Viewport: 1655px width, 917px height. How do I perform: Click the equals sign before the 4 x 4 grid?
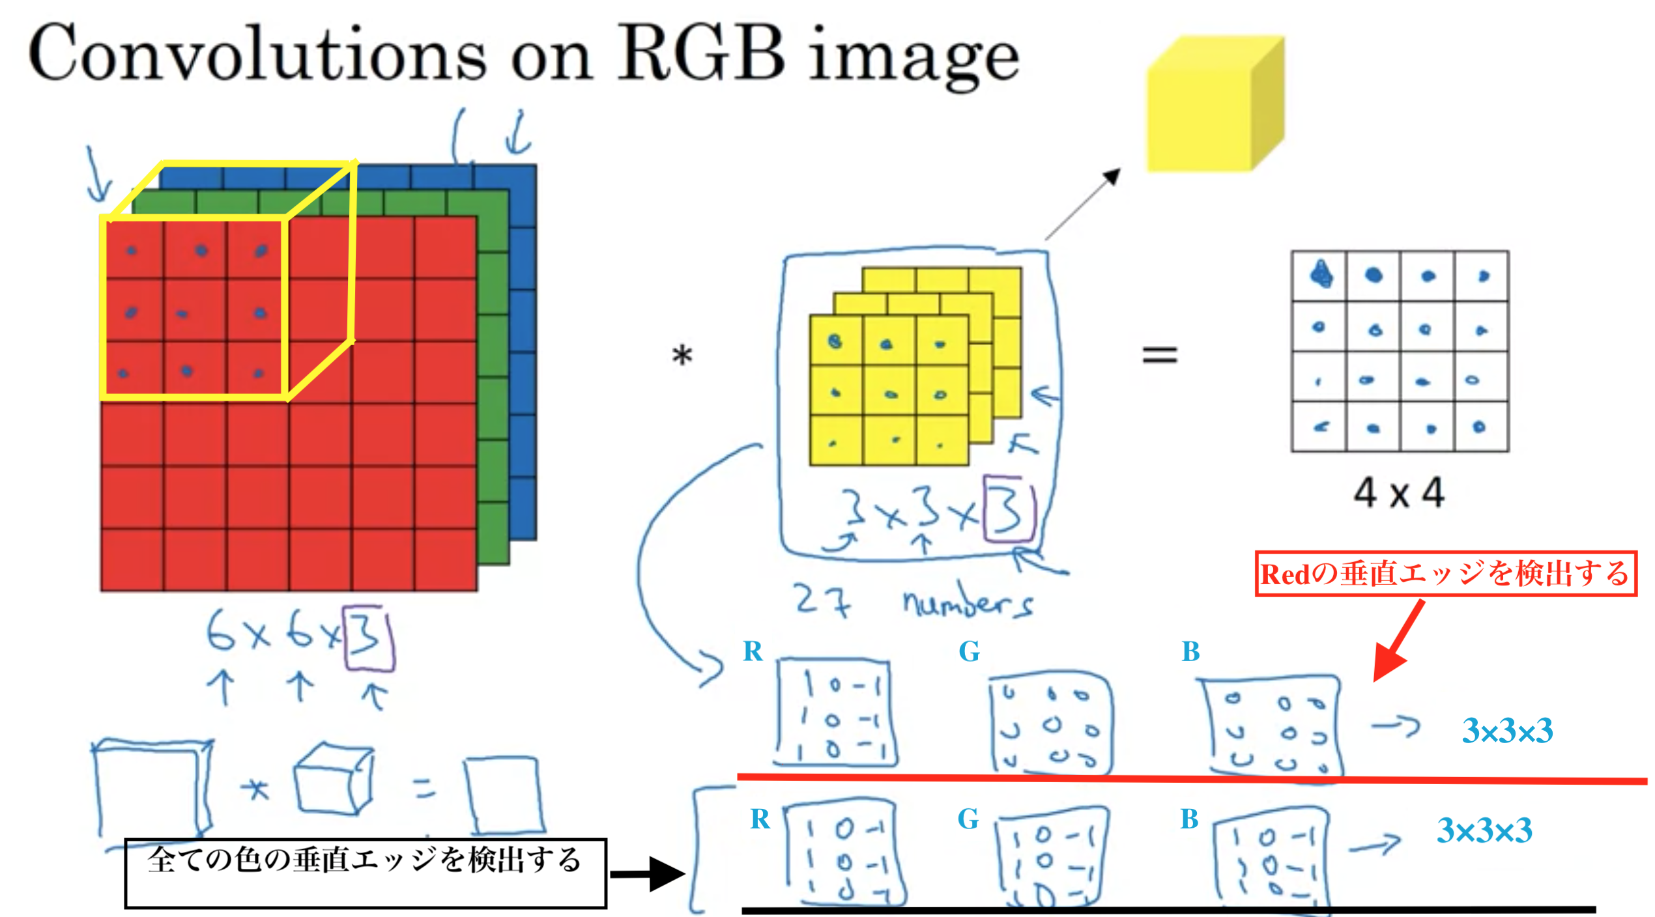point(1160,355)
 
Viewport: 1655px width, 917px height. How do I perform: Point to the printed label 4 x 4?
point(1399,493)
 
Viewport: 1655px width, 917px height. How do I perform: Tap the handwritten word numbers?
point(968,602)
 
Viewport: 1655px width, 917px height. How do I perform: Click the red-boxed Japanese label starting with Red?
point(1445,574)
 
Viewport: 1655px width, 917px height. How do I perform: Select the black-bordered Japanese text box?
point(365,873)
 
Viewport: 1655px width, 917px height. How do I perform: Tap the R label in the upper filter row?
point(753,649)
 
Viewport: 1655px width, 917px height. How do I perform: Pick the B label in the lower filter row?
point(1190,818)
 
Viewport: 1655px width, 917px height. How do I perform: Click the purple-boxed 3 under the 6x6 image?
point(369,638)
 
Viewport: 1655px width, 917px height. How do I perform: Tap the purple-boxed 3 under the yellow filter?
point(1008,509)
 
